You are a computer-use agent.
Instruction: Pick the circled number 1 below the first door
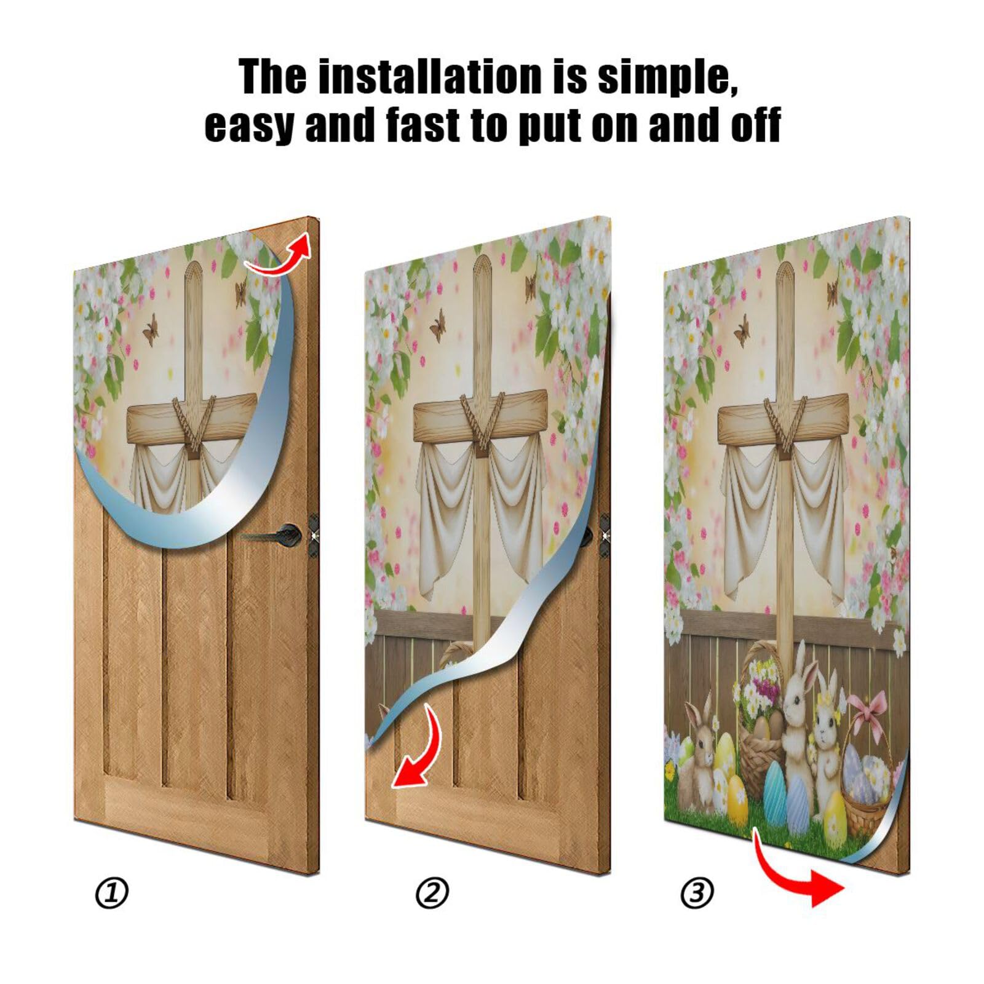point(111,893)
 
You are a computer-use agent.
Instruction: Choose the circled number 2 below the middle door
point(432,893)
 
